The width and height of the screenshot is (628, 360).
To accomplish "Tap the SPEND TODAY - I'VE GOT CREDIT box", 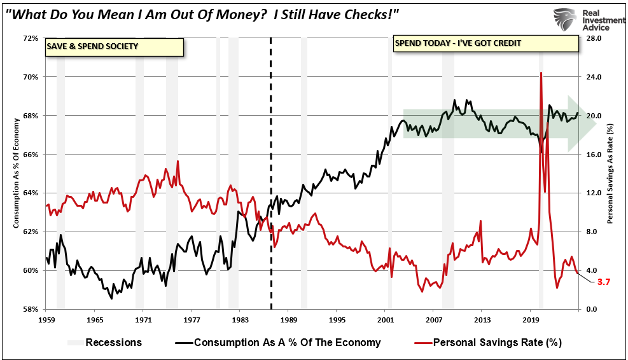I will pyautogui.click(x=486, y=43).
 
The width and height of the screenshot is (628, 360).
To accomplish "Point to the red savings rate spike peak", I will pyautogui.click(x=541, y=73).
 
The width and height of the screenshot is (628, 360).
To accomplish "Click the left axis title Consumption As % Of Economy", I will pyautogui.click(x=15, y=174).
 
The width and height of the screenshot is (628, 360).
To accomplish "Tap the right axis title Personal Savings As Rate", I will pyautogui.click(x=610, y=174).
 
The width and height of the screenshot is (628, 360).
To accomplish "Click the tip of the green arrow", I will pyautogui.click(x=596, y=124).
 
